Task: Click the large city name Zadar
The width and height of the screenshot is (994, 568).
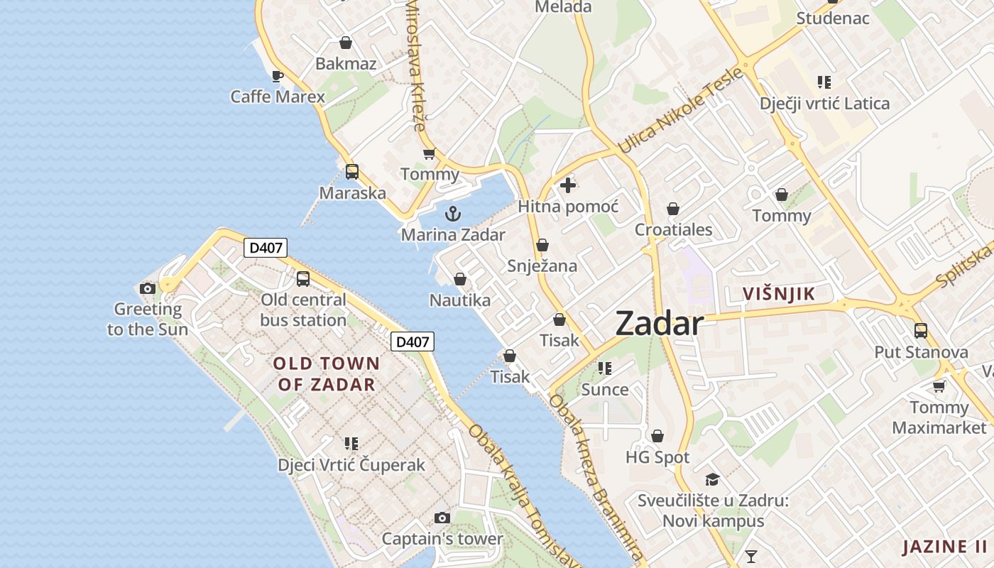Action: (660, 324)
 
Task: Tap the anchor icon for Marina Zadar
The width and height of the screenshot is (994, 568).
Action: (453, 213)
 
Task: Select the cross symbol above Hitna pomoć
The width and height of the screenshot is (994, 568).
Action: (567, 186)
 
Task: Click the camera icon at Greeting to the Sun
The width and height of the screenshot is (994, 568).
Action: (148, 288)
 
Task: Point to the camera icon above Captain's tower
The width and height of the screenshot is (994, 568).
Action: (442, 518)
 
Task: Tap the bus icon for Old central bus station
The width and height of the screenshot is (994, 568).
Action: (303, 279)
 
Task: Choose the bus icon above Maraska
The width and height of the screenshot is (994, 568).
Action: (352, 172)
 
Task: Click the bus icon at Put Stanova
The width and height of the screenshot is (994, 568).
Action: (921, 331)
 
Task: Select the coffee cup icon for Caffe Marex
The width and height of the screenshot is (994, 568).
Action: (278, 76)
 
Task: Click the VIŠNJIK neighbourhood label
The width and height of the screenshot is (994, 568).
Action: (779, 294)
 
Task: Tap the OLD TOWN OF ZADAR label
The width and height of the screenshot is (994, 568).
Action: (327, 374)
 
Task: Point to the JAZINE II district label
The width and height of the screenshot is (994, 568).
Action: (944, 547)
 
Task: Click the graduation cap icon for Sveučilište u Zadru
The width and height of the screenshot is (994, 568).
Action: (712, 480)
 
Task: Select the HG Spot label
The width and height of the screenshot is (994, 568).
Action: (657, 457)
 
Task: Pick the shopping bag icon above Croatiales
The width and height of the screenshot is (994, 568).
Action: (673, 209)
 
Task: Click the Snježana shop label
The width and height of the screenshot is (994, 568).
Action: (542, 266)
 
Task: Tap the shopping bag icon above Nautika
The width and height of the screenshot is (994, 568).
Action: (460, 280)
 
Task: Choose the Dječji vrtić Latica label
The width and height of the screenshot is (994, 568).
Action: (824, 104)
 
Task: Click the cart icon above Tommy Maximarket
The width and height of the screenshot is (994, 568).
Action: (939, 386)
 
